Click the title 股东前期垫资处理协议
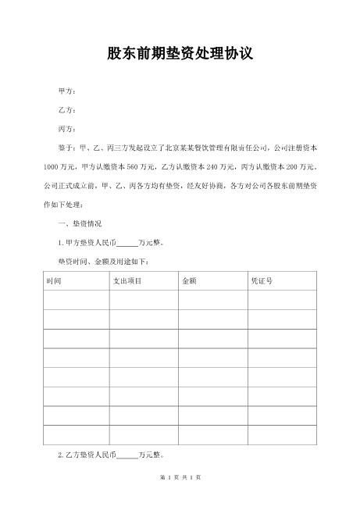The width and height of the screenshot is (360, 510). pyautogui.click(x=180, y=55)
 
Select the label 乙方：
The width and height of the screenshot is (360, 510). pyautogui.click(x=67, y=110)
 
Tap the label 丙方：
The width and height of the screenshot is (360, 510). pyautogui.click(x=67, y=129)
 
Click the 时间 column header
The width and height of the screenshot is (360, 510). pyautogui.click(x=55, y=280)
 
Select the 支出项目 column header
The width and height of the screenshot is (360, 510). pyautogui.click(x=127, y=280)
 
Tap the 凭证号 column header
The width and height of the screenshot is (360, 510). pyautogui.click(x=260, y=280)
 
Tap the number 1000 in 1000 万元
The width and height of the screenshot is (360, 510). pyautogui.click(x=50, y=167)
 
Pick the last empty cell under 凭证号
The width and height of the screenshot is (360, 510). pyautogui.click(x=283, y=435)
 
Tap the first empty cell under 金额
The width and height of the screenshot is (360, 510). pyautogui.click(x=212, y=299)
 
